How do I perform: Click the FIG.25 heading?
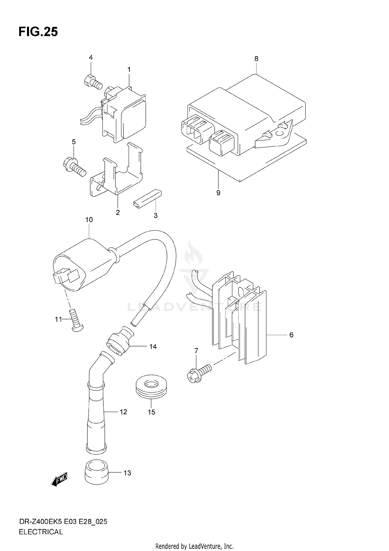pos(38,32)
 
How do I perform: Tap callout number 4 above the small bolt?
pos(91,57)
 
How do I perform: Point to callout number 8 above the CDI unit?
pos(256,59)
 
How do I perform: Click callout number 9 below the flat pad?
pos(218,193)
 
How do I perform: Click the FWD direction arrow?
pos(60,479)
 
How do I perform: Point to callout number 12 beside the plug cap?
pos(123,412)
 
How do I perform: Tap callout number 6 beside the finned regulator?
pos(291,335)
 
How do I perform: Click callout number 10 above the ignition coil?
pos(89,220)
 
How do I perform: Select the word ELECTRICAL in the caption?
pos(41,532)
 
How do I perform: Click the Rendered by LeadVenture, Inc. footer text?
pos(194,546)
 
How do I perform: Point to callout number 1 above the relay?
pos(129,70)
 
